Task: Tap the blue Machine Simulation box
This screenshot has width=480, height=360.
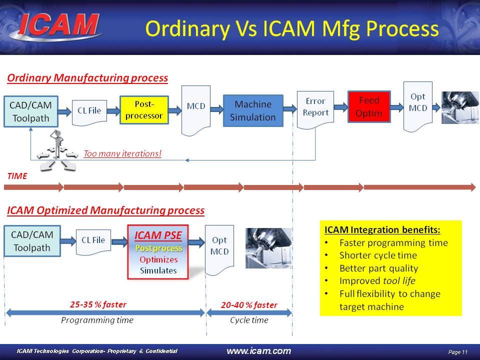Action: (x=252, y=111)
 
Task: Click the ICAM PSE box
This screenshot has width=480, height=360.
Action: (x=158, y=252)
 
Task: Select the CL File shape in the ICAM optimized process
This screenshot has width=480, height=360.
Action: (x=93, y=240)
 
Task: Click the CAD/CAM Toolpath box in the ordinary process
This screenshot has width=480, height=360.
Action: (x=31, y=111)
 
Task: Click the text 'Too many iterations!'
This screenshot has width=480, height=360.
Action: (x=122, y=153)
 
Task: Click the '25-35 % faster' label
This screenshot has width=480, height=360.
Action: (x=97, y=304)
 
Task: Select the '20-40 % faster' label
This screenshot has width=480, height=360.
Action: (x=249, y=304)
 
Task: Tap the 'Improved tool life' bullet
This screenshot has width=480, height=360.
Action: (x=377, y=281)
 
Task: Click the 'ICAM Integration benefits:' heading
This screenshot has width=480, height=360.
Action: (x=382, y=230)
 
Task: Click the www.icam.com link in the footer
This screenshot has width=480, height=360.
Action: (x=259, y=351)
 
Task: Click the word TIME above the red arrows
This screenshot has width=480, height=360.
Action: (x=17, y=176)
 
